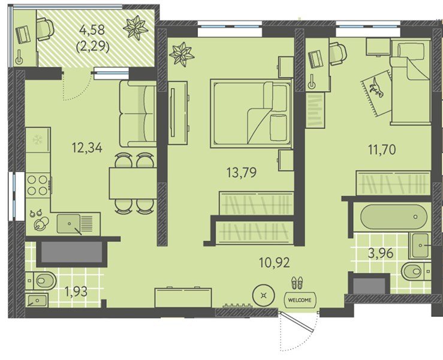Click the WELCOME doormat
pos(300,300)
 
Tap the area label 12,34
pos(87,148)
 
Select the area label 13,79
pos(242,172)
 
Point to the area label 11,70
pos(382,149)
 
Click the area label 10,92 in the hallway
pos(275,263)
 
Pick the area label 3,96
pos(381,253)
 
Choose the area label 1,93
pos(76,291)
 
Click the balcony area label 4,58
pos(92,29)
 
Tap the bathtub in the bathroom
pos(394,217)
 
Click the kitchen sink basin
pos(69,224)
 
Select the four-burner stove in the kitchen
pos(38,185)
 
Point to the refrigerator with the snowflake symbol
pos(38,140)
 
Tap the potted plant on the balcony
pos(135,28)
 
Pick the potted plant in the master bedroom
pos(182,54)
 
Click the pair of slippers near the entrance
pos(297,283)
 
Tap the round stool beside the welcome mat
pos(263,296)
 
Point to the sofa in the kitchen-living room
pos(138,113)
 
